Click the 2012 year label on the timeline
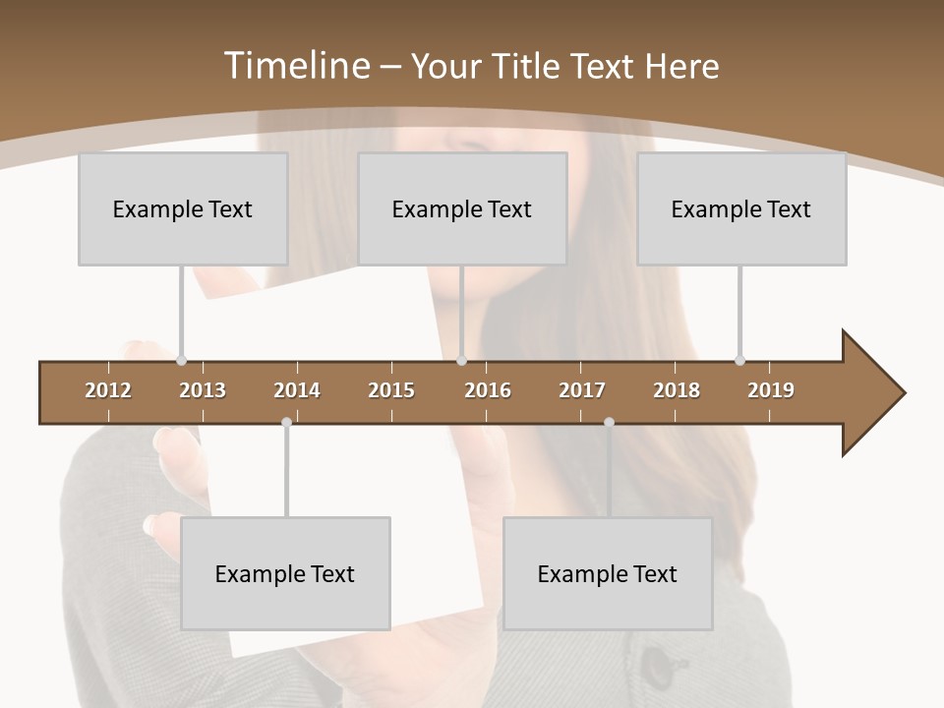click(108, 390)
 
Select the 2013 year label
click(203, 390)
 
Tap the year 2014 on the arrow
click(297, 390)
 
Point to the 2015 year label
click(391, 390)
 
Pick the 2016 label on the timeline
click(488, 390)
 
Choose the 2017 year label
click(582, 390)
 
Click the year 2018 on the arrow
click(677, 390)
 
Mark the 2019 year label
click(771, 390)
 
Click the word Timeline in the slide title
click(296, 66)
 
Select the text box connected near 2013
click(183, 208)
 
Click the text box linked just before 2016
click(462, 208)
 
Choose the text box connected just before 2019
click(741, 208)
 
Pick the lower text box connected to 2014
click(285, 573)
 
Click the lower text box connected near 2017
click(608, 573)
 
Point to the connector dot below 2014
click(286, 423)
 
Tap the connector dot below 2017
click(609, 423)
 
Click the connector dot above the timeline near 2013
click(181, 361)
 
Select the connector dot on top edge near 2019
click(739, 361)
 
